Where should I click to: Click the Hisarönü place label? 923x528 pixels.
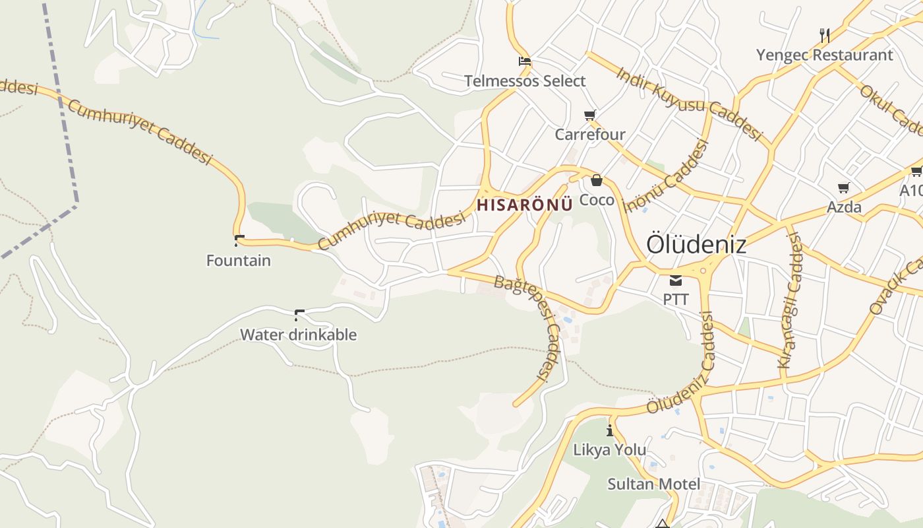524,205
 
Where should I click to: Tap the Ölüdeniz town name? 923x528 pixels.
696,244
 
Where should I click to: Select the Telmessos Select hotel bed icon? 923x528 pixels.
525,61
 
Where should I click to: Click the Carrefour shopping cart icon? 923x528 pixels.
590,115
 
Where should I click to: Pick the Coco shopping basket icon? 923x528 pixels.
597,180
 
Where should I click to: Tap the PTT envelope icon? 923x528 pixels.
676,280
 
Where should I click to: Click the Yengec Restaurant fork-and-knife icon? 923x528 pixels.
824,35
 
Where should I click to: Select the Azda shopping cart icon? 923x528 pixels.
844,188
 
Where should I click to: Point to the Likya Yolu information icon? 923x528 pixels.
610,430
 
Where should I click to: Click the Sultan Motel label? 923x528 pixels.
653,484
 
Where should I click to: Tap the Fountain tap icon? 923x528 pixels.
239,240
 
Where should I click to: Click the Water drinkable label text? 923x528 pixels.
298,335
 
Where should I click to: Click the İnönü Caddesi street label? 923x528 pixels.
666,176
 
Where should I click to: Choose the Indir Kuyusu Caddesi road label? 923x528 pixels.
688,103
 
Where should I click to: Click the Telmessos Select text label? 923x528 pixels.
525,81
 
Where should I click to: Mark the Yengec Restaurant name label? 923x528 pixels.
824,55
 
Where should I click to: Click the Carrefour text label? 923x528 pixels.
590,135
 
